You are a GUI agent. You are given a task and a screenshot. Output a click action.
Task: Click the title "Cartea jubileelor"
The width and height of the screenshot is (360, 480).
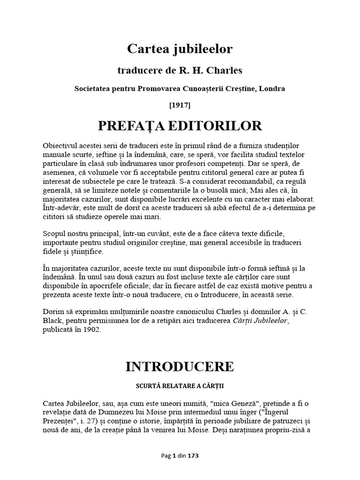[x=180, y=49]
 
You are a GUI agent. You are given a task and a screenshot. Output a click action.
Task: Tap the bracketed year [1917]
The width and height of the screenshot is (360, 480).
[x=180, y=105]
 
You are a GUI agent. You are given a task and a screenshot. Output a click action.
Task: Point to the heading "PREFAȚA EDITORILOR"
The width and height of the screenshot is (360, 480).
[x=180, y=126]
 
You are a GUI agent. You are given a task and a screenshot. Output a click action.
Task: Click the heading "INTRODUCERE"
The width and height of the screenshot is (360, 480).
[x=180, y=367]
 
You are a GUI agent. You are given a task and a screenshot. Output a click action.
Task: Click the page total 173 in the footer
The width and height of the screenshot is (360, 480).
[x=195, y=455]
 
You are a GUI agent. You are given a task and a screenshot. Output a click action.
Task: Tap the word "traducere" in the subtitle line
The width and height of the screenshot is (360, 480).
[x=137, y=71]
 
